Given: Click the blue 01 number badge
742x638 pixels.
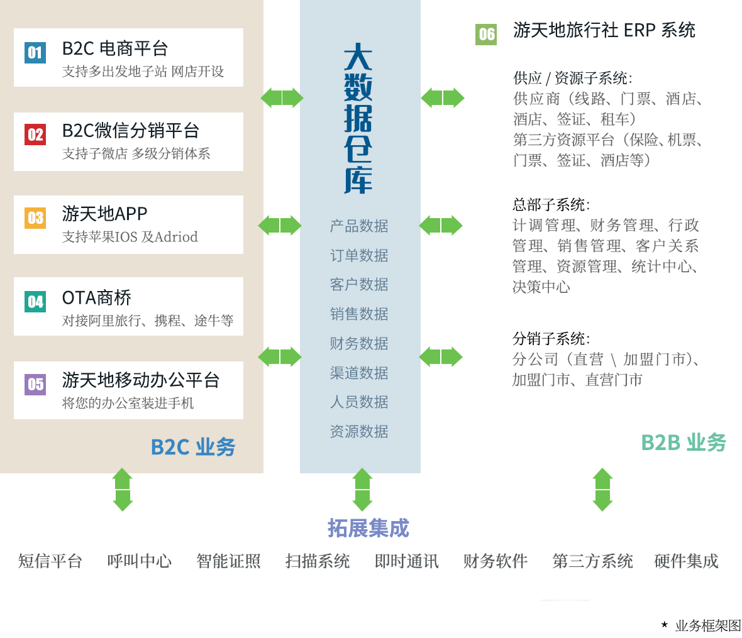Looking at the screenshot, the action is point(35,53).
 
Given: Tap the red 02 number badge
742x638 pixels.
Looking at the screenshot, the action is point(35,135).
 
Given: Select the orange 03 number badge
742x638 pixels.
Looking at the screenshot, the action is point(35,218).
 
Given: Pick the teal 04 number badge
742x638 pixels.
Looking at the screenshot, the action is point(35,302).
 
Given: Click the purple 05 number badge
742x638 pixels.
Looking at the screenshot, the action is point(35,384).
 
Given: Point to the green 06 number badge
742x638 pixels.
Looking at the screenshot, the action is point(486,35).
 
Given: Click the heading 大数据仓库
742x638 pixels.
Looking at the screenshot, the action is point(358,118).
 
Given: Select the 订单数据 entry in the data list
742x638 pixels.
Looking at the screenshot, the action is point(359,255).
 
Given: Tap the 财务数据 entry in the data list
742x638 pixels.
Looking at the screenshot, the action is point(359,343).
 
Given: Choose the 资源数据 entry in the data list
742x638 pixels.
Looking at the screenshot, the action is point(359,431).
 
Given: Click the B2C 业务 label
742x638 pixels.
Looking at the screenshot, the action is point(193,447).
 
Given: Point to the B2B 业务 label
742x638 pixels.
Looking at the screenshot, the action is point(684,443).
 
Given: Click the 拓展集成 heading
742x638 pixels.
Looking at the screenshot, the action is point(368,528).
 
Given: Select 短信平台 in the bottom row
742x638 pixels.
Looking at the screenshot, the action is point(50,561).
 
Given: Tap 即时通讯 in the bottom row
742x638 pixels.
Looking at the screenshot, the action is point(406,561).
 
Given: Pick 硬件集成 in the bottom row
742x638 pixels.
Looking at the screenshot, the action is point(686,561).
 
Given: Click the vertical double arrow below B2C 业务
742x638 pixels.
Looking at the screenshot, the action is point(123,490).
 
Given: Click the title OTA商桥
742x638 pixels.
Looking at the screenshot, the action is point(97,298).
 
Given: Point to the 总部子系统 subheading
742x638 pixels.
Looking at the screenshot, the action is point(551,205).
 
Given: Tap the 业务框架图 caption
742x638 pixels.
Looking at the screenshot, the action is point(708,625).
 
